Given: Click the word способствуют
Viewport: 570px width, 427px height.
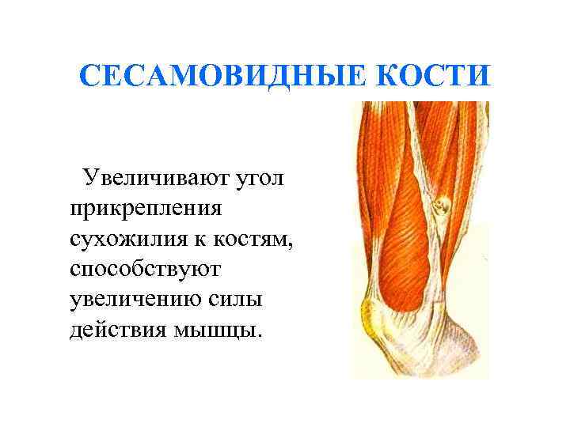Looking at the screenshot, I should [x=146, y=268].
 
